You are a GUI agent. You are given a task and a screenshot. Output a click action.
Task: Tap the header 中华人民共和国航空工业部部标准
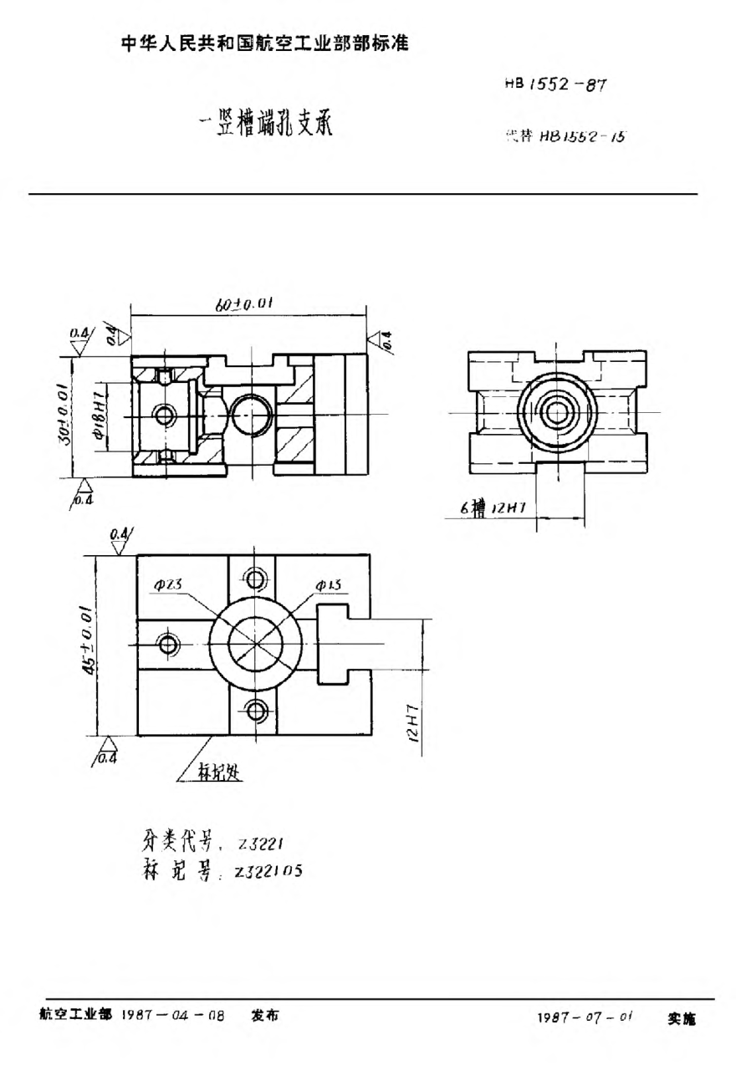click(264, 43)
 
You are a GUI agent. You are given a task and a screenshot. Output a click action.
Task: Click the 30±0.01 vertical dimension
click(65, 415)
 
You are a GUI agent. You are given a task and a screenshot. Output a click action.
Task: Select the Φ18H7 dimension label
click(99, 415)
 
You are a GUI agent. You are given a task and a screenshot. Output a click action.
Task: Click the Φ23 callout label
click(164, 586)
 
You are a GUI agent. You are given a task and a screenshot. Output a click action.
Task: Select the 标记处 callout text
click(219, 774)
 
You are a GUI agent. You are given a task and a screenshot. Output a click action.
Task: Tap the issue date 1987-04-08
click(174, 1016)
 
